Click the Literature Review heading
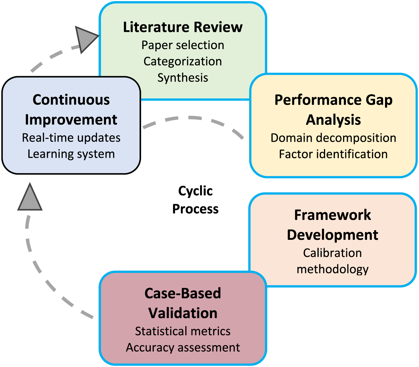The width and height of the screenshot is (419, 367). (183, 27)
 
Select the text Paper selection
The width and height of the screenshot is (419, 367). (183, 45)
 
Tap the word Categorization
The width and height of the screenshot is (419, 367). (183, 61)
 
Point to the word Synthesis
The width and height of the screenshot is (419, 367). (183, 78)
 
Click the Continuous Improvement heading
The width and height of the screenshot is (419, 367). (71, 110)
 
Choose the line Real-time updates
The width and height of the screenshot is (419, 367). (71, 138)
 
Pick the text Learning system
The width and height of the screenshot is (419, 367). (71, 154)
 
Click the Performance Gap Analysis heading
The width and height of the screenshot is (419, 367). (333, 110)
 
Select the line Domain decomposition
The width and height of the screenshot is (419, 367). (333, 138)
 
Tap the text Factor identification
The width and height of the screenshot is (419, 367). (333, 154)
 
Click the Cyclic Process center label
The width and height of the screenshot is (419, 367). (196, 200)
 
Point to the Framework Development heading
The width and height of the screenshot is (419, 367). (333, 225)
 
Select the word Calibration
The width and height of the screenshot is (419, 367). (333, 253)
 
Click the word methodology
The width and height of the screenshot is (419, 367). (333, 269)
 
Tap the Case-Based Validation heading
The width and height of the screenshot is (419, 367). (183, 303)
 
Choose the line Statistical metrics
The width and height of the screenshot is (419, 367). (183, 331)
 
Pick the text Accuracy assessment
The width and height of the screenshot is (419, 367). (183, 348)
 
